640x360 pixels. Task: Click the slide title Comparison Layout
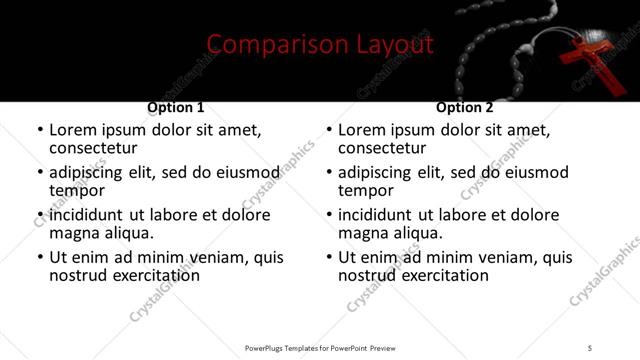320,44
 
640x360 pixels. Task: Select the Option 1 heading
176,107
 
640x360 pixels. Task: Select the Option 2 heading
465,107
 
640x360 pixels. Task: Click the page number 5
590,347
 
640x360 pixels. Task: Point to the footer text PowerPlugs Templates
290,347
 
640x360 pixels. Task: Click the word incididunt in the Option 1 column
88,215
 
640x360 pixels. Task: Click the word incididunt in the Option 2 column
377,215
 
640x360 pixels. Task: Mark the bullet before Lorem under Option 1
39,131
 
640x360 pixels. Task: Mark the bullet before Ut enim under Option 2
328,257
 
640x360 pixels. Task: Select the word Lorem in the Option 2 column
362,130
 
